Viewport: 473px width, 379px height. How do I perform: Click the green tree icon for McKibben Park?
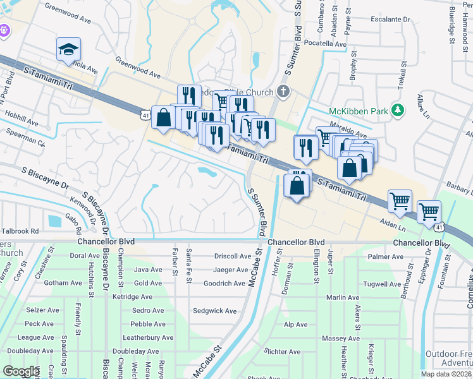[397, 111]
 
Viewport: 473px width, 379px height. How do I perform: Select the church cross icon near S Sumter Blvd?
[283, 92]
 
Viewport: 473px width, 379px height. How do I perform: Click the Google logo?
[21, 371]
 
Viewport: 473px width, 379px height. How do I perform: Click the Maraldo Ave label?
[348, 134]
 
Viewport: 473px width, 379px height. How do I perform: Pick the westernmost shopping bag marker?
[163, 117]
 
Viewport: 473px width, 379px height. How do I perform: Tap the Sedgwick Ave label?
[214, 311]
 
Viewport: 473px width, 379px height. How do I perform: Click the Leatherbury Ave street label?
[147, 337]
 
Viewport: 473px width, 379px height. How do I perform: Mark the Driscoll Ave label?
[232, 256]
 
